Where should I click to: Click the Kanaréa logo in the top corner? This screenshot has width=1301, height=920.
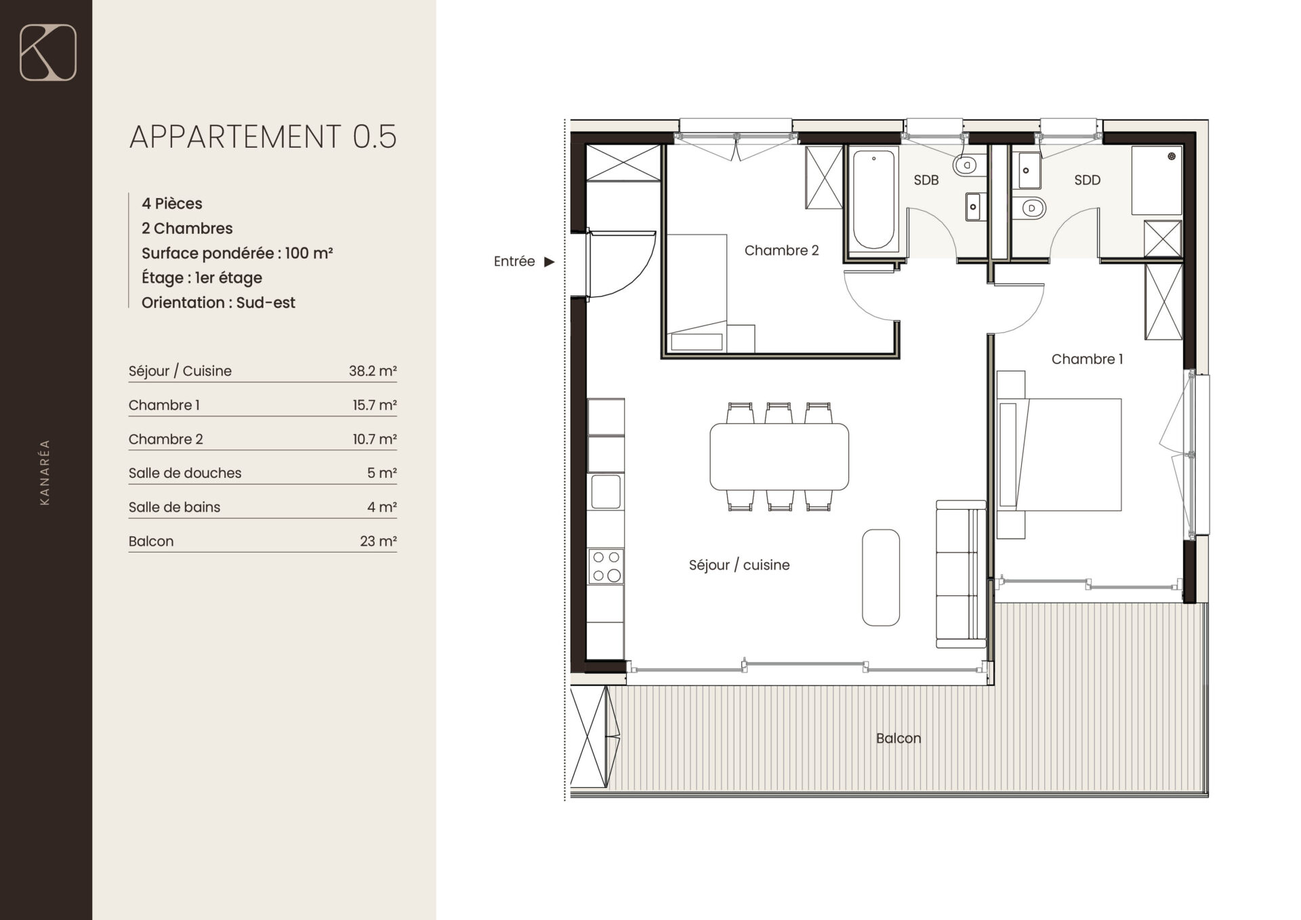(48, 52)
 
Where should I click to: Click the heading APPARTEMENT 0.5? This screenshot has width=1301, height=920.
(263, 136)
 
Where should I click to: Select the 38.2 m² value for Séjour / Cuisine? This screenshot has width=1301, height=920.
(373, 371)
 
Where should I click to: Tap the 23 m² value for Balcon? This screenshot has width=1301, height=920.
(378, 541)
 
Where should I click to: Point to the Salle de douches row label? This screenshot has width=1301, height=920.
(185, 473)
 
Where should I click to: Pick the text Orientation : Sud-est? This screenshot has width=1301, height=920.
(218, 302)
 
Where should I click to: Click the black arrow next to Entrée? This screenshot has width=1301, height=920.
(550, 262)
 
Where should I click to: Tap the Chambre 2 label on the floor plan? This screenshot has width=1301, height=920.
(781, 250)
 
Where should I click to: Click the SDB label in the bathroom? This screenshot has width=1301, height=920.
(926, 180)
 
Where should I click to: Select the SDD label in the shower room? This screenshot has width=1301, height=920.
(1087, 180)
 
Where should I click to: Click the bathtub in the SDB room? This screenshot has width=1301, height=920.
(873, 200)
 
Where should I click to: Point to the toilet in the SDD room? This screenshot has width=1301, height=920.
(1029, 207)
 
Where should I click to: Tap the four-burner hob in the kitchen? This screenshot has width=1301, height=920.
(606, 566)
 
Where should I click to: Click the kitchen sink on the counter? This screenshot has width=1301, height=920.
(606, 492)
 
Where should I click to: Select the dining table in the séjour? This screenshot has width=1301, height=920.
(779, 456)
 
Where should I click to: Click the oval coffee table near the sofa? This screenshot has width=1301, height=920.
(881, 577)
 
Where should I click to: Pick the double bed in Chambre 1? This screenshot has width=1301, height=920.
(1059, 454)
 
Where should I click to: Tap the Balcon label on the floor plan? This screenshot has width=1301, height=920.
(899, 738)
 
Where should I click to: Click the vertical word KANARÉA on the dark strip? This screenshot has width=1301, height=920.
(45, 473)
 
